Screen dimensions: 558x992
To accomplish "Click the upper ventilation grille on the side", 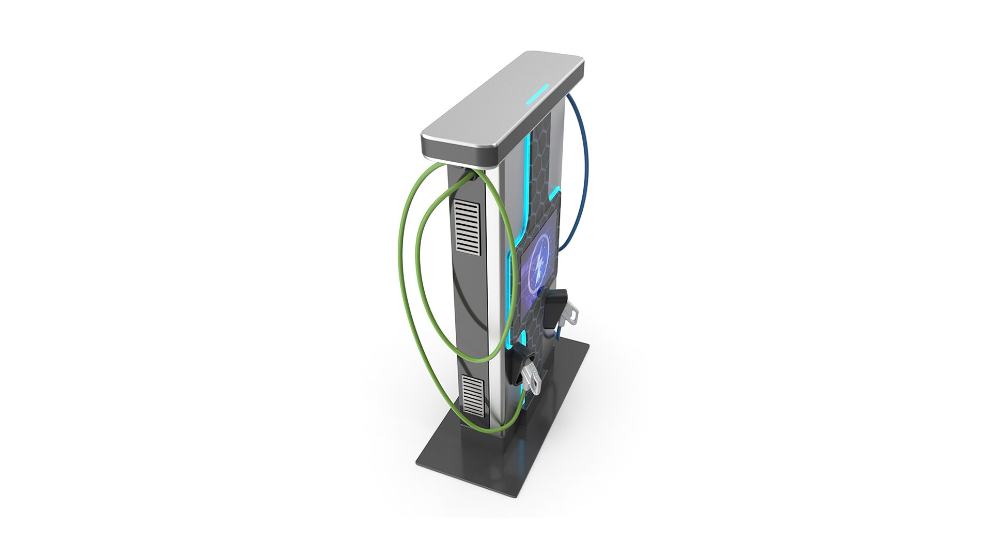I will pos(468,227).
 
